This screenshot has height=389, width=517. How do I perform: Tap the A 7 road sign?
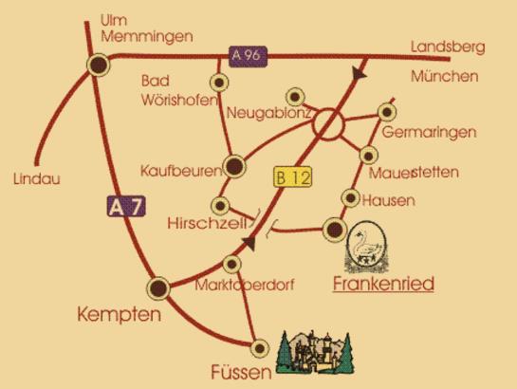[x=116, y=205]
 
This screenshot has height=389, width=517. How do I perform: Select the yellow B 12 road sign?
[x=292, y=177]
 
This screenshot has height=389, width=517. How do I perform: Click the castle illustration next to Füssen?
[x=317, y=353]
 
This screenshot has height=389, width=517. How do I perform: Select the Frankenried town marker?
[x=335, y=228]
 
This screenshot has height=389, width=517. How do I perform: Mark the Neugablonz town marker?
[x=295, y=97]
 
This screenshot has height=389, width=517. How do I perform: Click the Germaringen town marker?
[x=385, y=111]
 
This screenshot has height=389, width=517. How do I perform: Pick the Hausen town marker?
[x=350, y=198]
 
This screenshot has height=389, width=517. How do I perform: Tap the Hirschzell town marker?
[x=220, y=205]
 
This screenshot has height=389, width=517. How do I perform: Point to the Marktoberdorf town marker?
[x=233, y=263]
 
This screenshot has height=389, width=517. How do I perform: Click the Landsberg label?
[x=448, y=46]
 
